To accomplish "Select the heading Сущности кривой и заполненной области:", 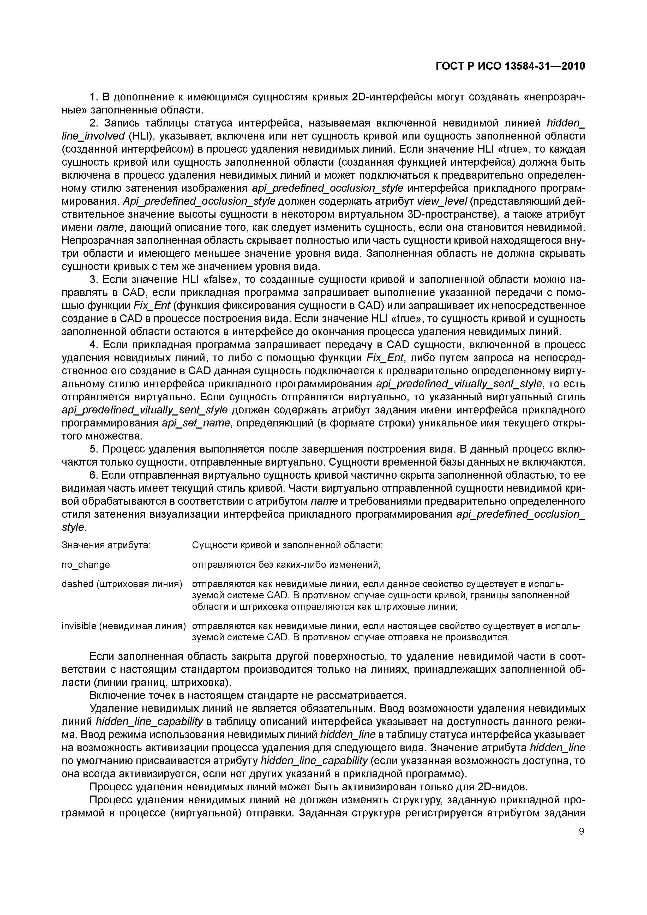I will [x=287, y=545].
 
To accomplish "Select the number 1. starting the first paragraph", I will [x=94, y=97].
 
